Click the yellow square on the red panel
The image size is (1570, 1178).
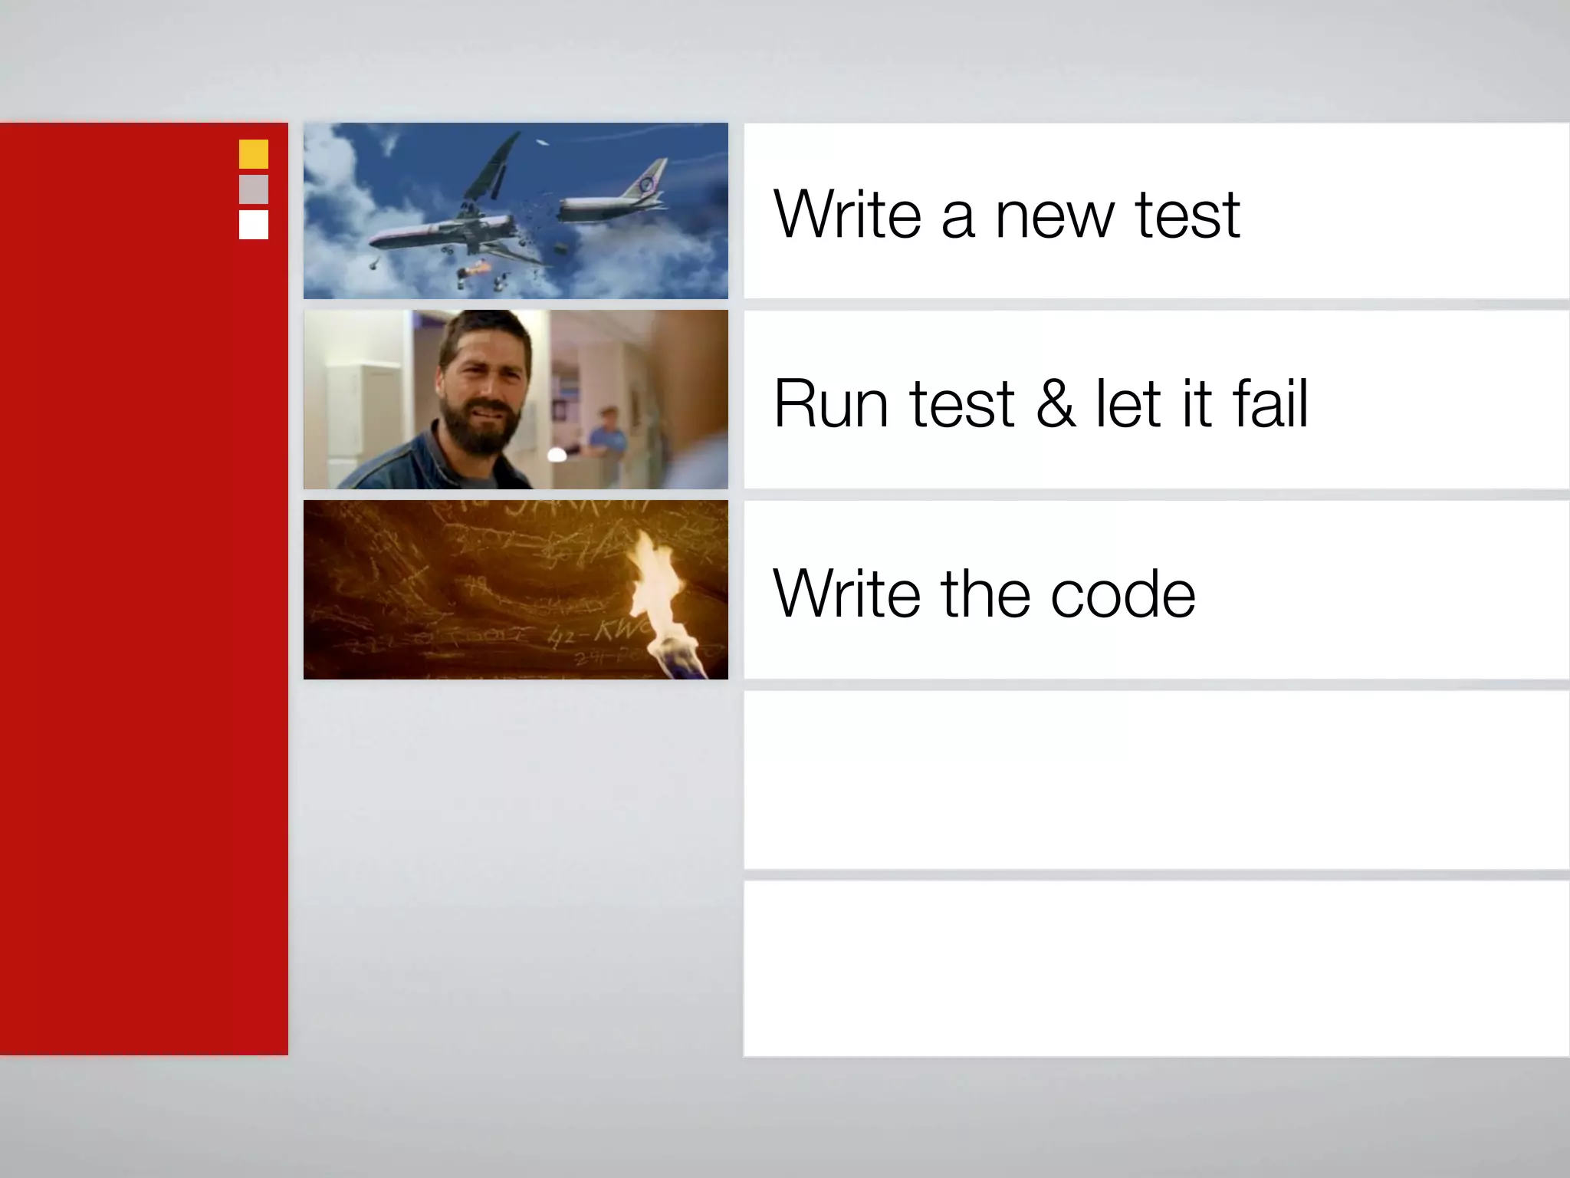point(254,154)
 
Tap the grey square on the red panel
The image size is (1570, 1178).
point(254,189)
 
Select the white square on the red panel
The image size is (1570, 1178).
point(254,225)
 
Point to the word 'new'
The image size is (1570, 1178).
point(1054,217)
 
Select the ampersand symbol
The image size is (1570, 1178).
point(1056,404)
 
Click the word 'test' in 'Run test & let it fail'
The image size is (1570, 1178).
point(962,404)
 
